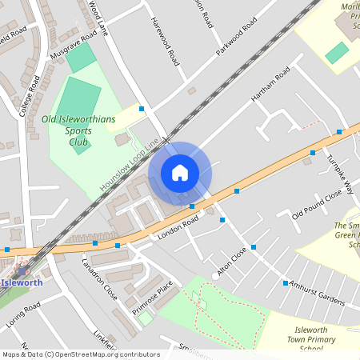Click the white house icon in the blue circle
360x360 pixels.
click(x=180, y=172)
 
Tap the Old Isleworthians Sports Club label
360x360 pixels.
click(x=78, y=131)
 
